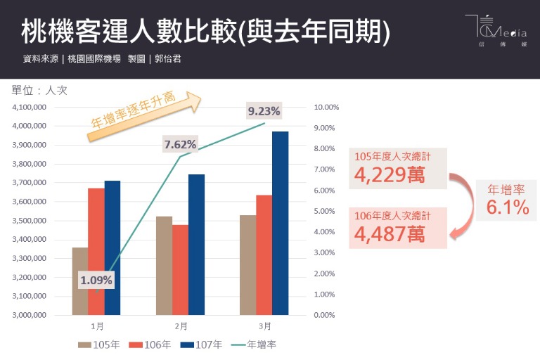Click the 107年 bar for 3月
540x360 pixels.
(280, 223)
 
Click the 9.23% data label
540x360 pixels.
(264, 110)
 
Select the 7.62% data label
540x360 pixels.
(180, 145)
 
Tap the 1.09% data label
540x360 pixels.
(96, 280)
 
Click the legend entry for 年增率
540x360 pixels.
(252, 345)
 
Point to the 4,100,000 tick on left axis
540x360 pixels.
(30, 108)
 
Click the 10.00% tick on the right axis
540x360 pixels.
(326, 108)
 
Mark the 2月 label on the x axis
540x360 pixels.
(181, 326)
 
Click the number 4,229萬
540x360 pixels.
(390, 174)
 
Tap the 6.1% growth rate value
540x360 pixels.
(507, 207)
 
